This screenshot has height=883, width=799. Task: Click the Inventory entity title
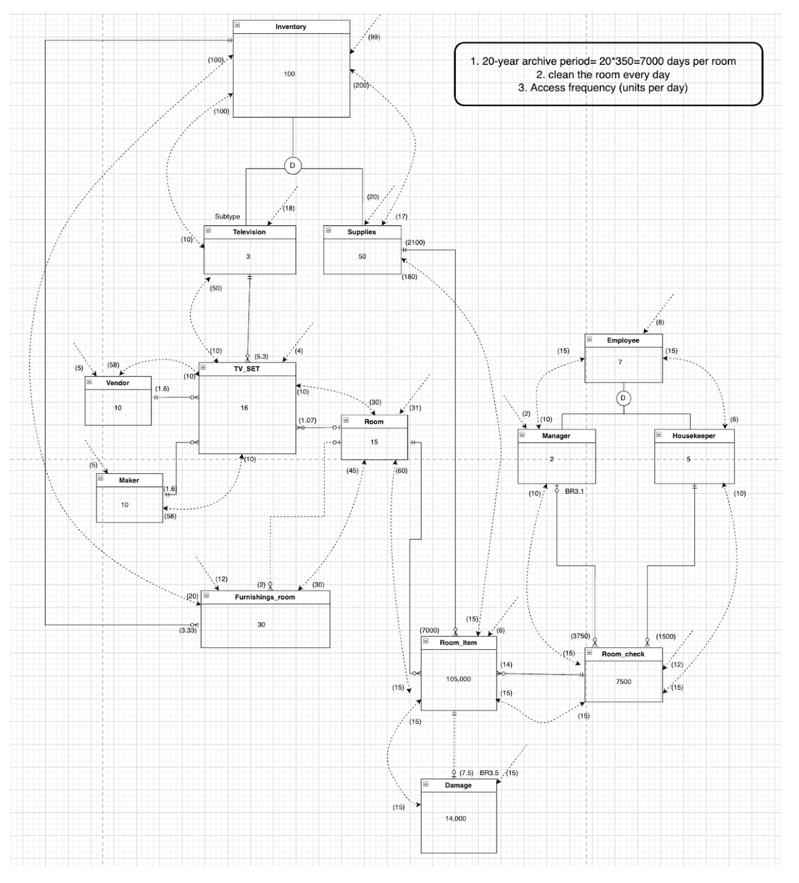click(290, 27)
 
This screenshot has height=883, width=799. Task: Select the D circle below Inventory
click(293, 166)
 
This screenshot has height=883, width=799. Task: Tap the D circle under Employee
click(623, 398)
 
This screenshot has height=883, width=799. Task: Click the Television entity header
click(249, 232)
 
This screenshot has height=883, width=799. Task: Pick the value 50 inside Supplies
click(362, 257)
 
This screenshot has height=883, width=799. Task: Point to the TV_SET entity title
click(247, 369)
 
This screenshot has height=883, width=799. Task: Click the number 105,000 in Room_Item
click(458, 679)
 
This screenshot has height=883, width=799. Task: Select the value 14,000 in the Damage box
click(455, 818)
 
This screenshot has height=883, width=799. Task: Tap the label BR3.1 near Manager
click(574, 492)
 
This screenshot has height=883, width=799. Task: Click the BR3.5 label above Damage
click(489, 773)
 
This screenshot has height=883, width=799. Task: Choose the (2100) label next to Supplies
click(415, 243)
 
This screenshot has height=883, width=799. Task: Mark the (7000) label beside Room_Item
click(429, 630)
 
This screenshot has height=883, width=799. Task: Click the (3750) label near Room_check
click(580, 636)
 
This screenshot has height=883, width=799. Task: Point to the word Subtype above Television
click(227, 217)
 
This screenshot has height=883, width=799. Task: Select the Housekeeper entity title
click(694, 436)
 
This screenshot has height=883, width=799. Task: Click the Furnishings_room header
click(265, 597)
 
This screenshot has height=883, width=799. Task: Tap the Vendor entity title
click(118, 383)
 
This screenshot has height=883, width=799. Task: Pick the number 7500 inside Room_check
click(623, 682)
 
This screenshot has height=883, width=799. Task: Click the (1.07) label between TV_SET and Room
click(307, 420)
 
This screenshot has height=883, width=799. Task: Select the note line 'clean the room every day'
click(603, 74)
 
